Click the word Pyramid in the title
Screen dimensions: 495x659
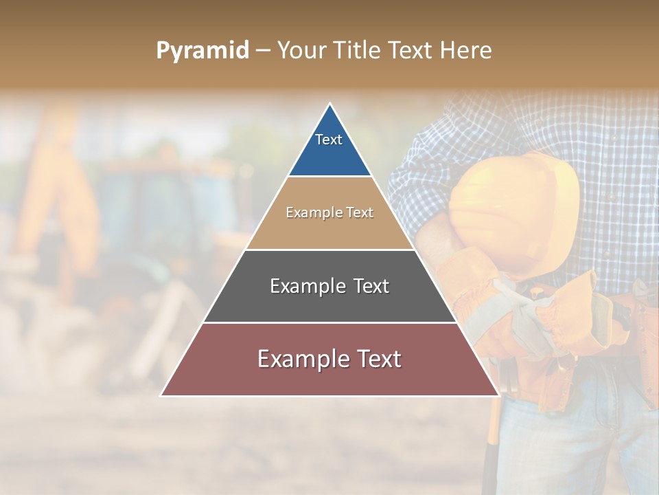(x=203, y=51)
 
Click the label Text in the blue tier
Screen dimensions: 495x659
(x=329, y=140)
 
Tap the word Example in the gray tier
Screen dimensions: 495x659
(x=301, y=286)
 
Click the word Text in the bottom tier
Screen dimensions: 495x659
(x=373, y=359)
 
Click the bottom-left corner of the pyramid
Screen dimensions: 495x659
(x=161, y=395)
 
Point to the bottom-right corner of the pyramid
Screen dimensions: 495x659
(x=498, y=395)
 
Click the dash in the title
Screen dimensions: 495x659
(x=263, y=51)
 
